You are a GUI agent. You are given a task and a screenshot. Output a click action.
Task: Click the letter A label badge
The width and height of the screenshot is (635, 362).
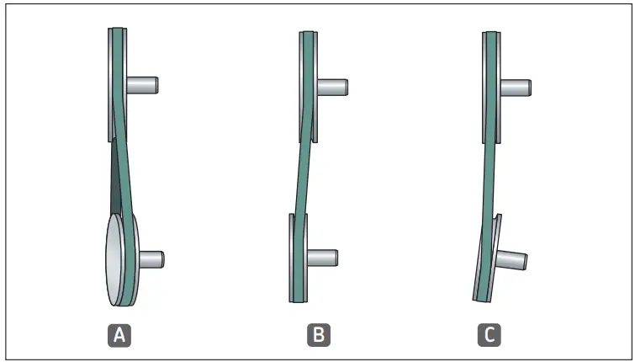[120, 335]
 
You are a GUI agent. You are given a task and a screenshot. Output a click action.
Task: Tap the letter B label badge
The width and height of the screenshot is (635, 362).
[319, 335]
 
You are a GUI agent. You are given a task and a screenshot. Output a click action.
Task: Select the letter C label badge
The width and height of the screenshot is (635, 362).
[489, 335]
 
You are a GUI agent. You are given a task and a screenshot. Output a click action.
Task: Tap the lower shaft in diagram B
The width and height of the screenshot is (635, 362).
[323, 256]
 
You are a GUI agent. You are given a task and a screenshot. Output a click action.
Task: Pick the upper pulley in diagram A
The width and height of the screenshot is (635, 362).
[111, 84]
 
